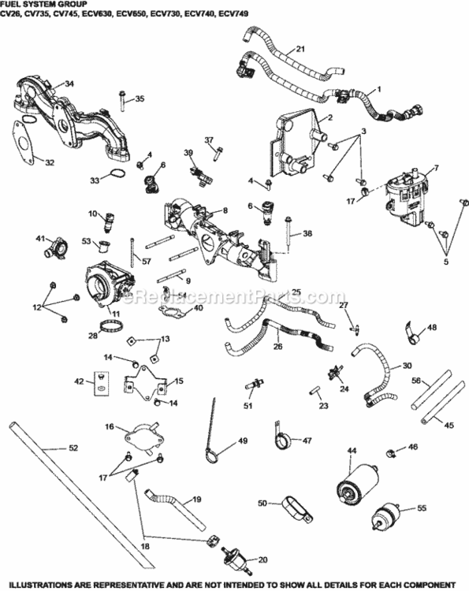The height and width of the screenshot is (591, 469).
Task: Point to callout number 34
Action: (x=69, y=84)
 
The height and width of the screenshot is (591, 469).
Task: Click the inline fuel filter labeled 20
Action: (x=236, y=565)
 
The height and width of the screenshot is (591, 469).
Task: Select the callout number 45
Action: (x=450, y=426)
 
